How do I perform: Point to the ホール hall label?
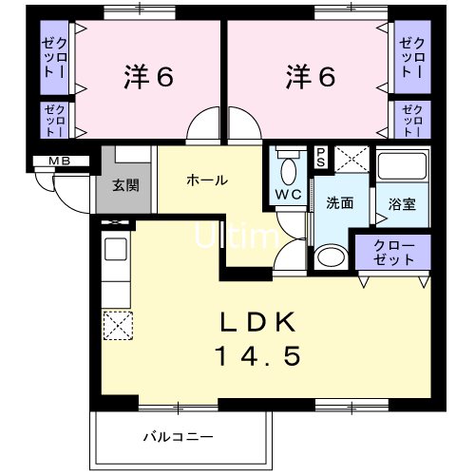pyautogui.click(x=207, y=180)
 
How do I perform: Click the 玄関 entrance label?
pyautogui.click(x=124, y=183)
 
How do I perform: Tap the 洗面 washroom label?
pyautogui.click(x=339, y=202)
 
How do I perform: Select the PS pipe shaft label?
pyautogui.click(x=320, y=157)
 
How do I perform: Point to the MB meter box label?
pyautogui.click(x=46, y=161)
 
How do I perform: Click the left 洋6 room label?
pyautogui.click(x=148, y=77)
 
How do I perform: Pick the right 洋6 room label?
pyautogui.click(x=310, y=77)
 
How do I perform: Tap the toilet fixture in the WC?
pyautogui.click(x=289, y=169)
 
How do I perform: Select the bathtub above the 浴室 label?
pyautogui.click(x=402, y=169)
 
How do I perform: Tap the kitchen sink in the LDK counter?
pyautogui.click(x=115, y=253)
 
